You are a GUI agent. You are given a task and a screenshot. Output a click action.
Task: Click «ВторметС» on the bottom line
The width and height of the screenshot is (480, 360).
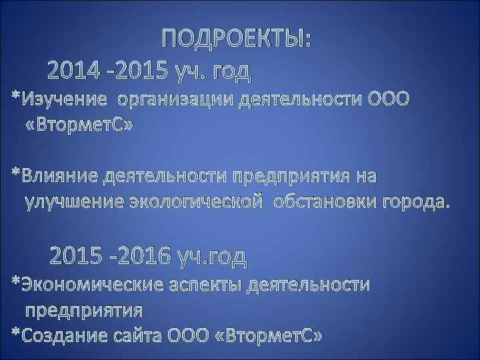[269, 335]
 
